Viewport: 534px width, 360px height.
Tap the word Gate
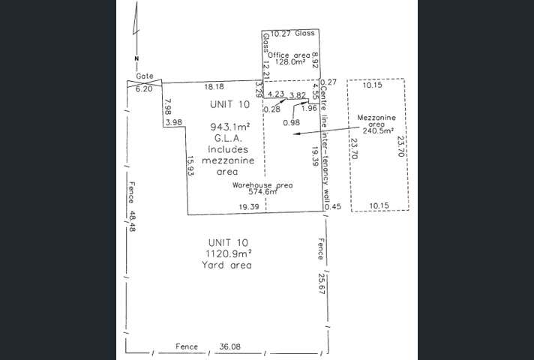pos(145,76)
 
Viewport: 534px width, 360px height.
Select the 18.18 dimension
pos(213,88)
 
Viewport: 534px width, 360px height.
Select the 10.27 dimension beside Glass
pos(280,34)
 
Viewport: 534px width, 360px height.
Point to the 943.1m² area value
pos(229,127)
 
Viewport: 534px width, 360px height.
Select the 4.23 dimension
pos(276,94)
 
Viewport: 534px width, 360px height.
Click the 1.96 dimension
pos(309,108)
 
